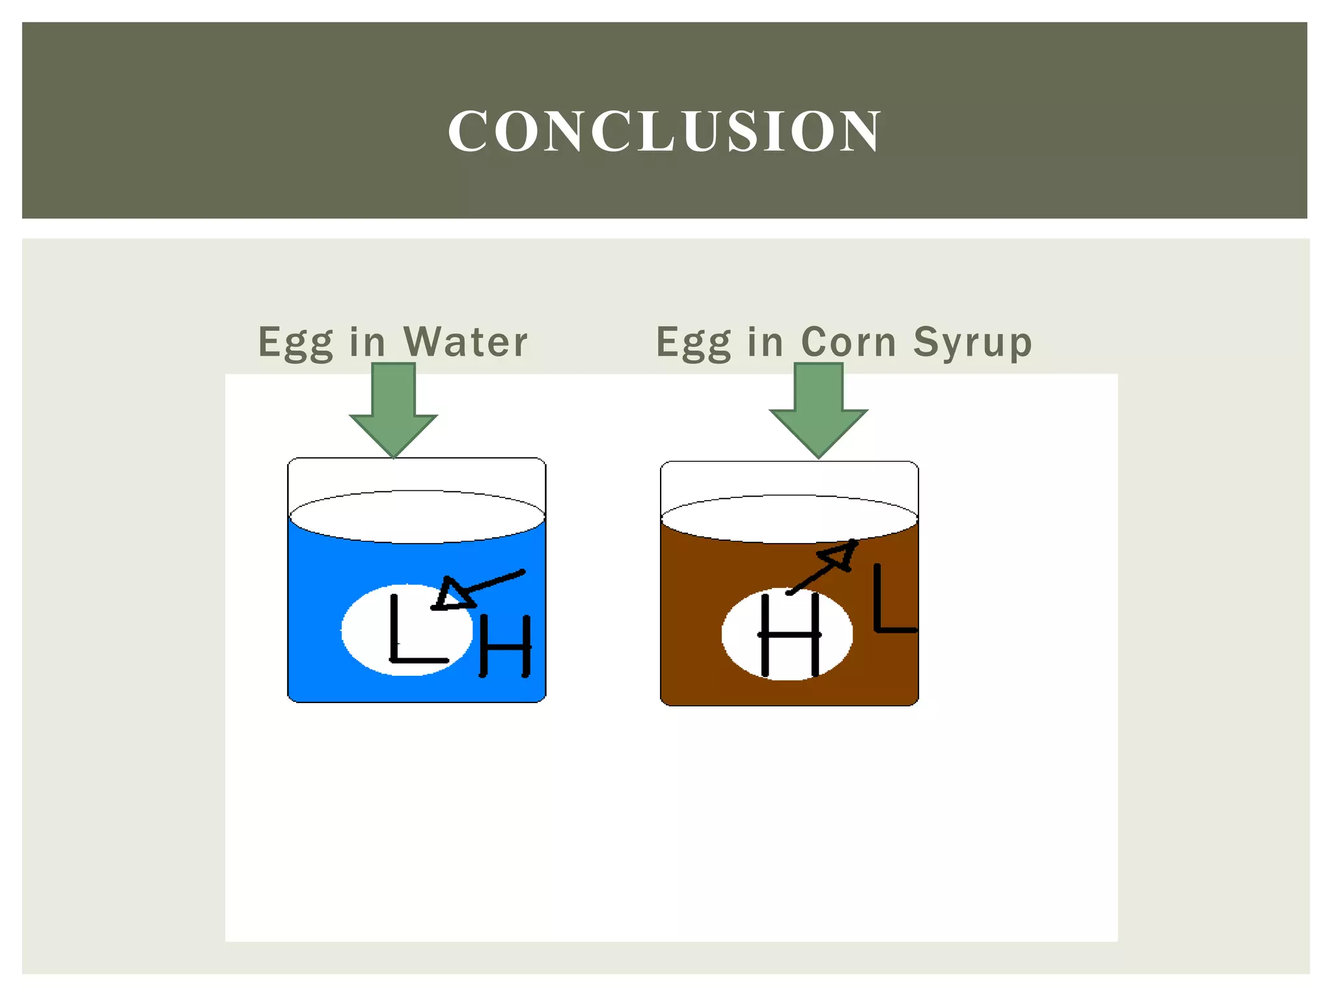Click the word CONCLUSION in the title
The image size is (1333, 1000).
click(x=664, y=131)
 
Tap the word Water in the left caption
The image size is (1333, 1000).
click(x=465, y=342)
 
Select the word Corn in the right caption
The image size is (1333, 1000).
click(x=848, y=342)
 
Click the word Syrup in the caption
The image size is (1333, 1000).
click(x=972, y=343)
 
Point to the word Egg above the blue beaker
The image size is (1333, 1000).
click(x=295, y=343)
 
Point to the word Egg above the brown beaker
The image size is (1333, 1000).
click(x=693, y=343)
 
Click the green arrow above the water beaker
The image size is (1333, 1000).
click(x=393, y=410)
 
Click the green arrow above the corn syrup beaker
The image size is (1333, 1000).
click(x=818, y=410)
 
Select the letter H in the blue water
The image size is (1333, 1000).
click(x=505, y=646)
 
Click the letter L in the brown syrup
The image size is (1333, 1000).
click(x=892, y=599)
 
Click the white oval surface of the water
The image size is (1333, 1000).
click(x=417, y=516)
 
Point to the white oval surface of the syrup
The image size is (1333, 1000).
click(x=789, y=519)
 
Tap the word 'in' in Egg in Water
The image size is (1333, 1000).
click(x=368, y=342)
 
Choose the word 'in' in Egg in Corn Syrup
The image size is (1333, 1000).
click(x=765, y=342)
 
